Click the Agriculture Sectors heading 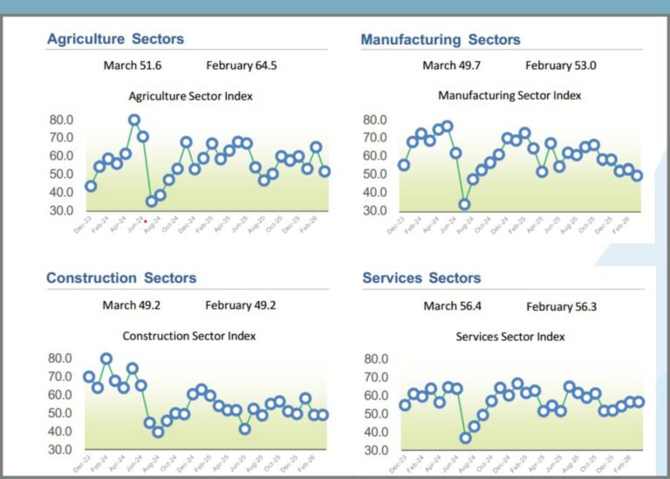pos(115,39)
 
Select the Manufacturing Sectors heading pos(440,40)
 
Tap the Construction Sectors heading pos(121,278)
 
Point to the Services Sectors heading pos(421,278)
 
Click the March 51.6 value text pos(133,65)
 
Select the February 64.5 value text pos(242,65)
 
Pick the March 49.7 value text pos(451,65)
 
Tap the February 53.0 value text pos(560,65)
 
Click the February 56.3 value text pos(561,306)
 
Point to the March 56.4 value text pos(452,305)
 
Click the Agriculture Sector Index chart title pos(190,96)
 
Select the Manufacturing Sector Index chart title pos(509,95)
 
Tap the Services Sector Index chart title pos(510,336)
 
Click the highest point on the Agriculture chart pos(134,120)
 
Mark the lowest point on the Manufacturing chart pos(465,205)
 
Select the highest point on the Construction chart pos(106,359)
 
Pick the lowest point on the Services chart pos(466,438)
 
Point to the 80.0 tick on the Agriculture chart pos(61,120)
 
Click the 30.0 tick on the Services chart pos(376,450)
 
